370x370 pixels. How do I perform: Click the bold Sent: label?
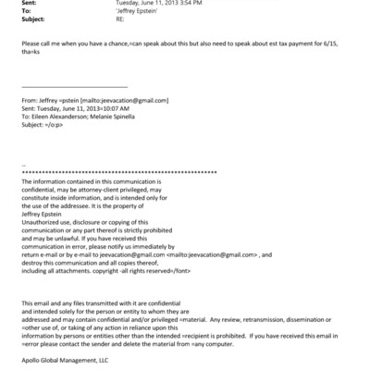29,3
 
